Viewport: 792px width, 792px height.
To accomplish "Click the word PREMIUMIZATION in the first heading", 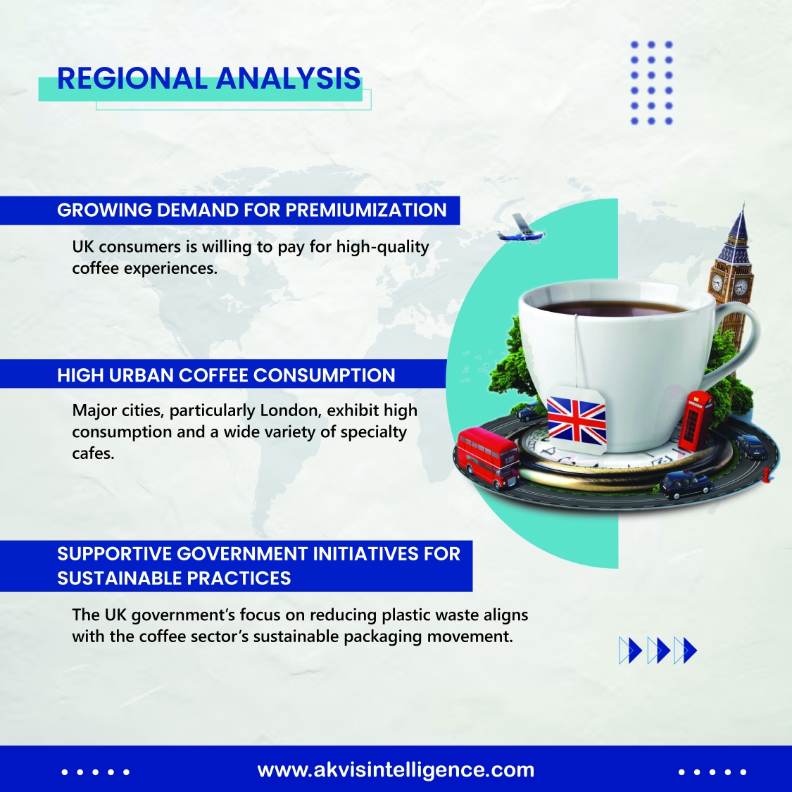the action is (366, 210).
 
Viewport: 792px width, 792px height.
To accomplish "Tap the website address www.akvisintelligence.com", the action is (396, 770).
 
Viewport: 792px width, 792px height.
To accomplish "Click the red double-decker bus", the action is (488, 458).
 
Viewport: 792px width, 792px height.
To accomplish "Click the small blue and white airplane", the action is (520, 230).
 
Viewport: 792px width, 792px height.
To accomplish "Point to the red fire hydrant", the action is (767, 474).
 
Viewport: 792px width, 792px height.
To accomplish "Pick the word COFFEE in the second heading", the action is (213, 375).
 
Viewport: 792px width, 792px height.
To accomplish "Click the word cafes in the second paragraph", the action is (93, 453).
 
